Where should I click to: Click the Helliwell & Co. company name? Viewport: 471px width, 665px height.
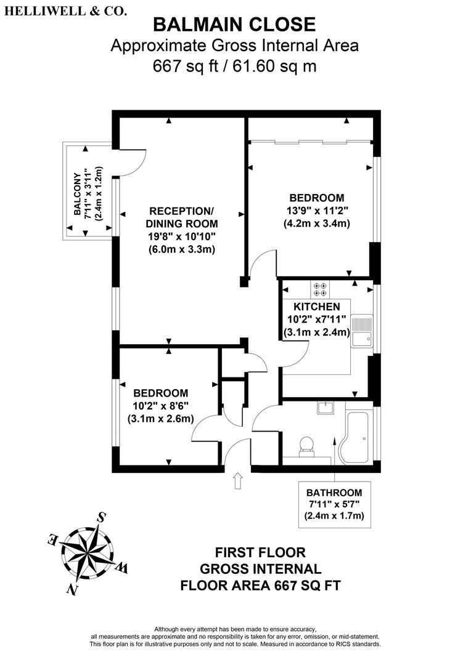pos(65,12)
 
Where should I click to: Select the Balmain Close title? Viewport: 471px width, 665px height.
pos(234,25)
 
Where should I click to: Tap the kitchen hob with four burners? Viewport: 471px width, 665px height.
pos(321,289)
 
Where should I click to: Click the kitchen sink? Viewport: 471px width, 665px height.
pos(362,331)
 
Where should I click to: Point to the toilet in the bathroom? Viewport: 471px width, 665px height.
pos(306,446)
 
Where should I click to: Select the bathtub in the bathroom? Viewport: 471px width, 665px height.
pos(359,437)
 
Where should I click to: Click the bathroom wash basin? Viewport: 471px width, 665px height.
pos(326,408)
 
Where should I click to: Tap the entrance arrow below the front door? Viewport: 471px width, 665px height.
pos(238,481)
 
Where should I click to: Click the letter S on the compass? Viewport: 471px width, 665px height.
pos(102,517)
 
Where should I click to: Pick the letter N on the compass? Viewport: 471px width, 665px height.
pos(73,589)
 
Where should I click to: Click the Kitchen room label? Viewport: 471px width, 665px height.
pos(317,307)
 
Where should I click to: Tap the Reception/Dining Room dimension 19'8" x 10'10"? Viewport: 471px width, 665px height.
pos(182,236)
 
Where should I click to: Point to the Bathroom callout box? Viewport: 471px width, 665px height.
pos(335,505)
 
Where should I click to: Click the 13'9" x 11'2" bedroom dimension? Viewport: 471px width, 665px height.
pos(317,211)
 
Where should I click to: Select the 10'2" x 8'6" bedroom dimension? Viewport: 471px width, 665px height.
pos(160,406)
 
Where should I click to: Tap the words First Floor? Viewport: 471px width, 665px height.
pos(260,552)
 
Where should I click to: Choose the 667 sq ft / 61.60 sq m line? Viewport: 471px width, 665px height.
pos(234,66)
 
